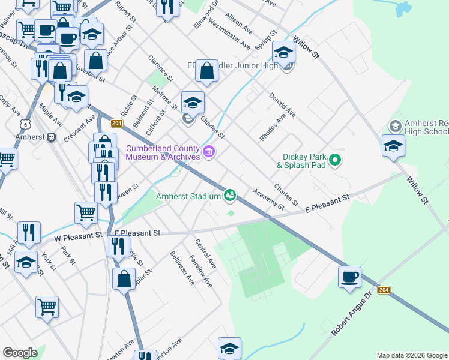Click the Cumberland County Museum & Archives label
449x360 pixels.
pyautogui.click(x=162, y=152)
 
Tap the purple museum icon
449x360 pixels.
pyautogui.click(x=209, y=152)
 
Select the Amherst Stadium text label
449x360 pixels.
pyautogui.click(x=189, y=196)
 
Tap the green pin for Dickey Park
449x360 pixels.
pyautogui.click(x=336, y=160)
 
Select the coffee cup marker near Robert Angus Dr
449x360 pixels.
pyautogui.click(x=349, y=277)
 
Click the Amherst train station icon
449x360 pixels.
pyautogui.click(x=52, y=137)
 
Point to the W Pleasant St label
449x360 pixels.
pyautogui.click(x=79, y=236)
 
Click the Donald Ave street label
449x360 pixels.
pyautogui.click(x=282, y=105)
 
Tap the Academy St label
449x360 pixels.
pyautogui.click(x=268, y=199)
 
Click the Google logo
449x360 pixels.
pyautogui.click(x=19, y=353)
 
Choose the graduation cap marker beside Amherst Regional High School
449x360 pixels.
pyautogui.click(x=393, y=146)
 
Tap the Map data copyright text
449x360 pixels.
pyautogui.click(x=412, y=355)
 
